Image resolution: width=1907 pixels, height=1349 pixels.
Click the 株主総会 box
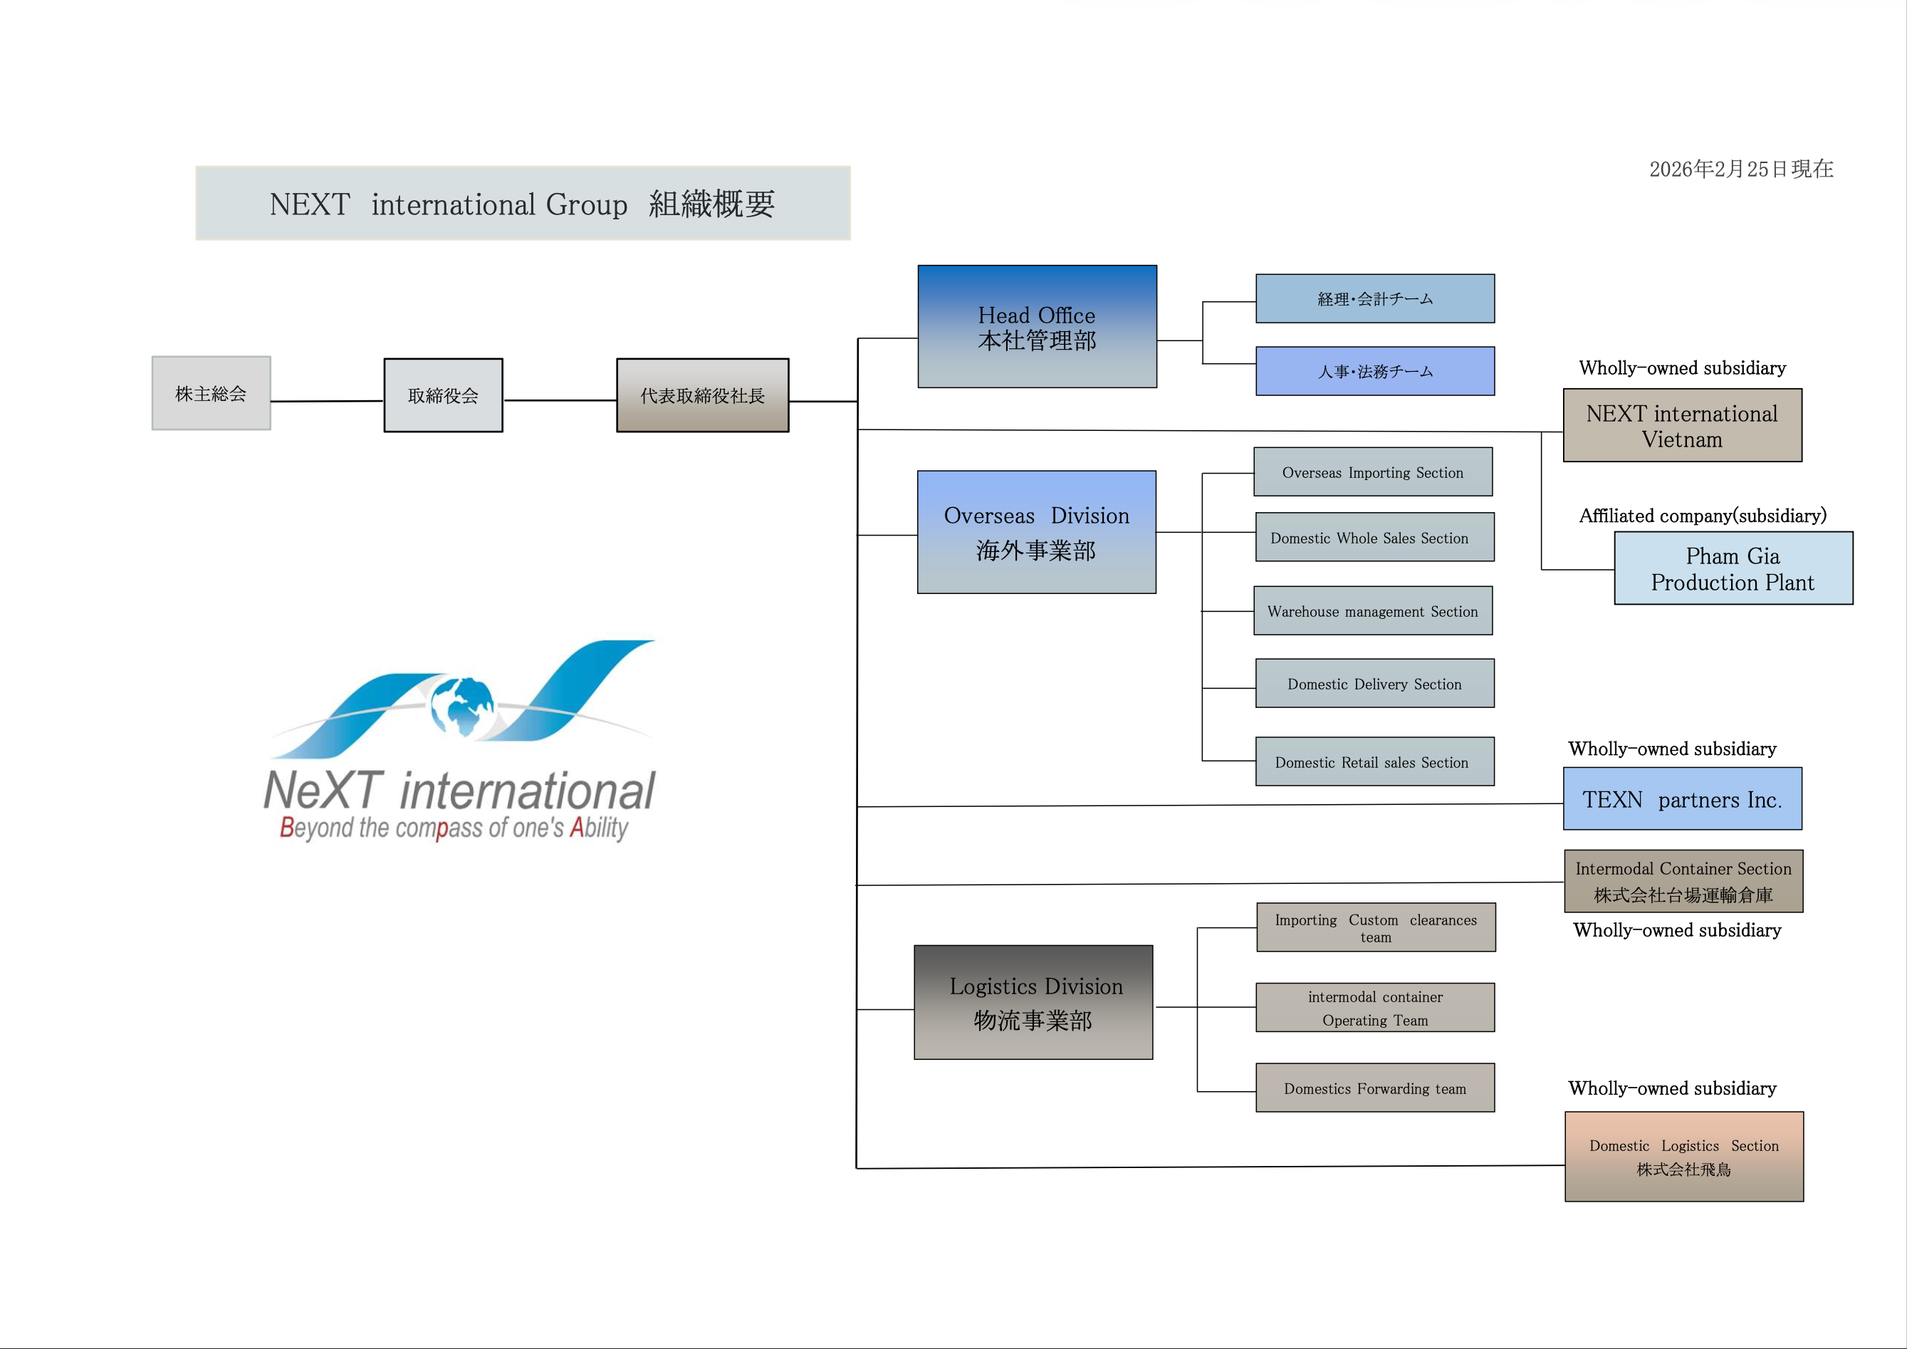click(x=211, y=394)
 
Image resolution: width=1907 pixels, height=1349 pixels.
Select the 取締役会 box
click(x=443, y=395)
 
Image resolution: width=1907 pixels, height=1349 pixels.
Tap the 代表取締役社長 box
click(x=702, y=395)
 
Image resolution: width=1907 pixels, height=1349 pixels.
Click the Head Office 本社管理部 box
click(x=1037, y=326)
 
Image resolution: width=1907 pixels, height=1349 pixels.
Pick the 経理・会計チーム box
click(x=1374, y=298)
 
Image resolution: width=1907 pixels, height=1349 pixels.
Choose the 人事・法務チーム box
click(x=1374, y=371)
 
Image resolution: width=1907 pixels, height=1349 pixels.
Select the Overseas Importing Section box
click(x=1372, y=472)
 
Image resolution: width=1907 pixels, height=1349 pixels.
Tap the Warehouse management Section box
click(x=1372, y=610)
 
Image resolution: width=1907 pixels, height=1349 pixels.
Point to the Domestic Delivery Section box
click(x=1374, y=684)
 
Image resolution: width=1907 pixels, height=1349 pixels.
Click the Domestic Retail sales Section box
click(x=1374, y=761)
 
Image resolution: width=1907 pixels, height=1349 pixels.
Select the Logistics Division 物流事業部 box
click(x=1033, y=1003)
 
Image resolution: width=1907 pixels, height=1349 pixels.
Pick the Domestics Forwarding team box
click(x=1374, y=1088)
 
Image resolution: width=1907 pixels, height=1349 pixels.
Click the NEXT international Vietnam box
click(x=1682, y=425)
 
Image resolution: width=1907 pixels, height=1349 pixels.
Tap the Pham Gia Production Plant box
click(x=1733, y=568)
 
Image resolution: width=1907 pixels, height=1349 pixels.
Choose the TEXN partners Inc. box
click(x=1682, y=799)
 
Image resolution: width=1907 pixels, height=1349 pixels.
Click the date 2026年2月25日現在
click(x=1741, y=170)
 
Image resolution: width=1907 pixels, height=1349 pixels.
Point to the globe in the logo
click(x=462, y=707)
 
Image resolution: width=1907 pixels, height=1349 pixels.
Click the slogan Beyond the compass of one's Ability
click(x=454, y=828)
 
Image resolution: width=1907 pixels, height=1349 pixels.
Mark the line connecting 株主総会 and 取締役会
click(x=328, y=401)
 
